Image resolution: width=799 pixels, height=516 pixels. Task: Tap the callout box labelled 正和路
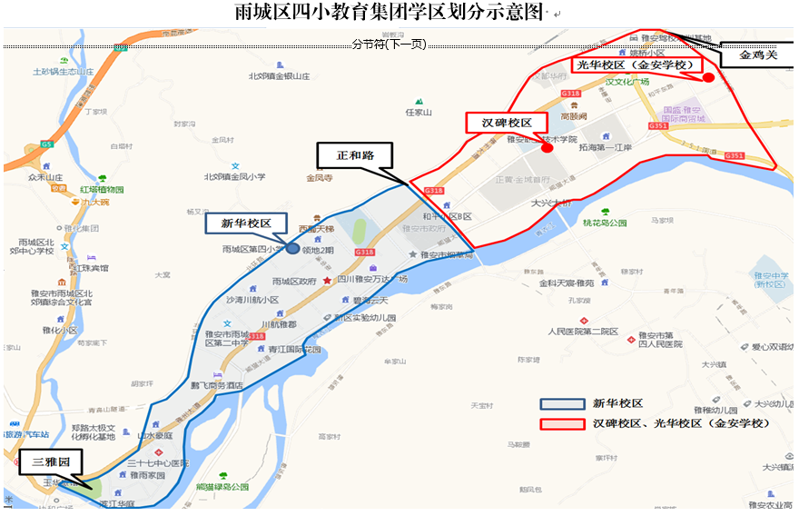pyautogui.click(x=355, y=155)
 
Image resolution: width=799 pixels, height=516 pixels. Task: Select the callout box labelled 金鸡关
pyautogui.click(x=758, y=55)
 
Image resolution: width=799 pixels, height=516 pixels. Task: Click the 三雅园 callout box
pyautogui.click(x=51, y=462)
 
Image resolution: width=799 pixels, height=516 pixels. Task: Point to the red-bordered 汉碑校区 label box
pyautogui.click(x=499, y=123)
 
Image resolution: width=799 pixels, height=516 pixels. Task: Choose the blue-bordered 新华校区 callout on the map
pyautogui.click(x=246, y=223)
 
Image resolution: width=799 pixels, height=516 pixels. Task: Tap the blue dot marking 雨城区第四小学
pyautogui.click(x=292, y=247)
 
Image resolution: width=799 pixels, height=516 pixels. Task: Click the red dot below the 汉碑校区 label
pyautogui.click(x=547, y=147)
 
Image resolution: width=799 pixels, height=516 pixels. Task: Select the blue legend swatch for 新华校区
pyautogui.click(x=560, y=404)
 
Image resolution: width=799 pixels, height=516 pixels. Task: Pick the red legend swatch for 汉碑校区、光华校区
pyautogui.click(x=560, y=424)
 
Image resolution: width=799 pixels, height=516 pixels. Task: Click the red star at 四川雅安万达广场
pyautogui.click(x=327, y=281)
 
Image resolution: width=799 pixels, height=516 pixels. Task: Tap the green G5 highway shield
pyautogui.click(x=45, y=144)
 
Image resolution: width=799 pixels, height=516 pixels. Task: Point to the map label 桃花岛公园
pyautogui.click(x=606, y=223)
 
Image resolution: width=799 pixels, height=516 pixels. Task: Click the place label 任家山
pyautogui.click(x=419, y=113)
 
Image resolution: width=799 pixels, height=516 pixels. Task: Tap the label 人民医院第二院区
pyautogui.click(x=583, y=332)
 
